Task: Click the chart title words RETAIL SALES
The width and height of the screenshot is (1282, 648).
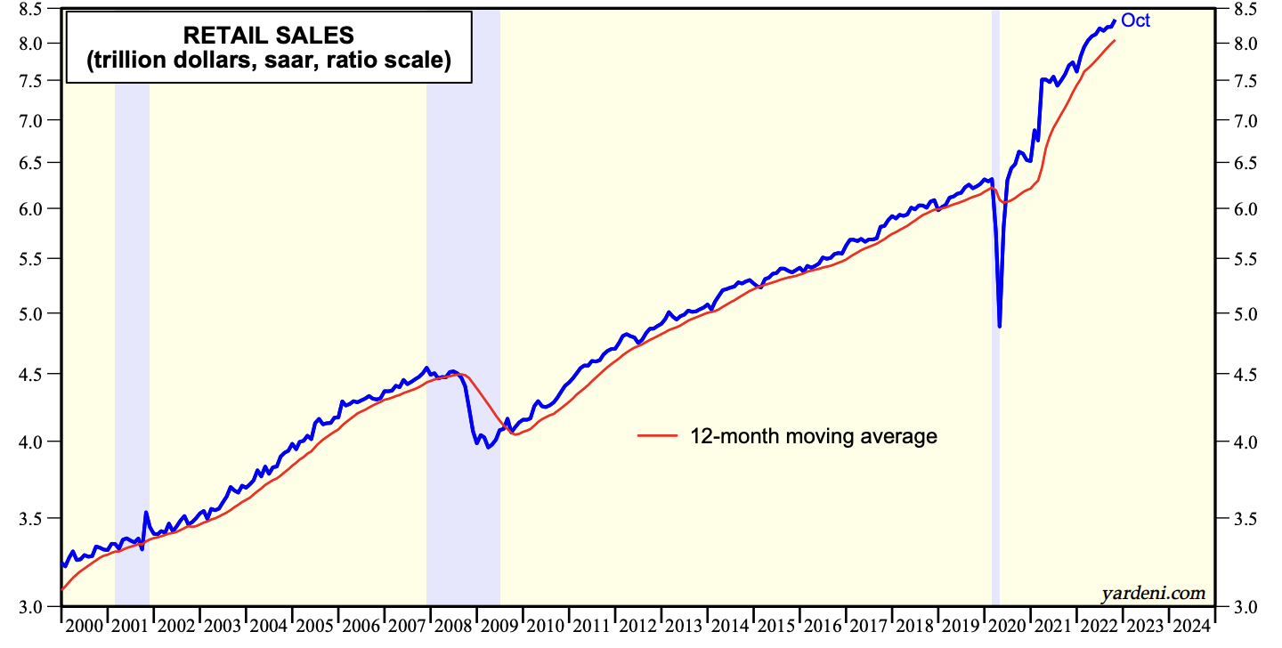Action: point(268,35)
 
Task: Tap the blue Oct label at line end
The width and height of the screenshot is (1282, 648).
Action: point(1135,20)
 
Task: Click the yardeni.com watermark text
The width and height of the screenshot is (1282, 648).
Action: point(1153,592)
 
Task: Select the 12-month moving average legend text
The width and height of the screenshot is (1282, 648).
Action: point(814,436)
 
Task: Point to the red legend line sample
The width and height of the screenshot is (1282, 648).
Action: point(659,436)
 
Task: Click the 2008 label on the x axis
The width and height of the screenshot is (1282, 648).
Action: point(453,625)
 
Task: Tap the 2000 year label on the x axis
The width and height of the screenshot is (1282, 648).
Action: point(84,625)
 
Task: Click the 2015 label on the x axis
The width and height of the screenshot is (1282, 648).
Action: point(776,625)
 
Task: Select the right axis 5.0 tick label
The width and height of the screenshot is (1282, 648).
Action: point(1244,313)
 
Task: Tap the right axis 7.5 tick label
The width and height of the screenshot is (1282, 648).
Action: point(1244,81)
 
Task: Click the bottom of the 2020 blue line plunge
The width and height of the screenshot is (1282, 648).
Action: point(1000,326)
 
